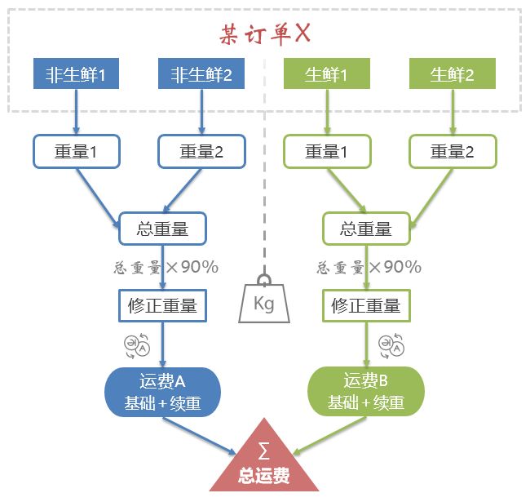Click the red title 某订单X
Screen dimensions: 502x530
(265, 33)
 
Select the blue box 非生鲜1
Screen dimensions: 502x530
(77, 75)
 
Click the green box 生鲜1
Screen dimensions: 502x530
(327, 75)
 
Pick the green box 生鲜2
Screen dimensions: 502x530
(452, 75)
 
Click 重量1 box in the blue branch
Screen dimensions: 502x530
(77, 152)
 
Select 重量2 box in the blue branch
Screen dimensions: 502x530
(201, 152)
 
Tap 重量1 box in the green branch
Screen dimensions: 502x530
(327, 152)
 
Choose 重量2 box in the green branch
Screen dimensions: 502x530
(452, 152)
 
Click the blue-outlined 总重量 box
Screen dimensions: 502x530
(162, 229)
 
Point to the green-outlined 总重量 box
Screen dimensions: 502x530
(366, 229)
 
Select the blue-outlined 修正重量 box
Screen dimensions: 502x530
(162, 306)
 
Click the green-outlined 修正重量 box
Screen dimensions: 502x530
(366, 306)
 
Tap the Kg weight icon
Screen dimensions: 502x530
(263, 300)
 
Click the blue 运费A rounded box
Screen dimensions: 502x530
(162, 392)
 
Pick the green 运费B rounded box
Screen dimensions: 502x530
(366, 392)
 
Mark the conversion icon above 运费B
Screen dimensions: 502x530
(390, 345)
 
